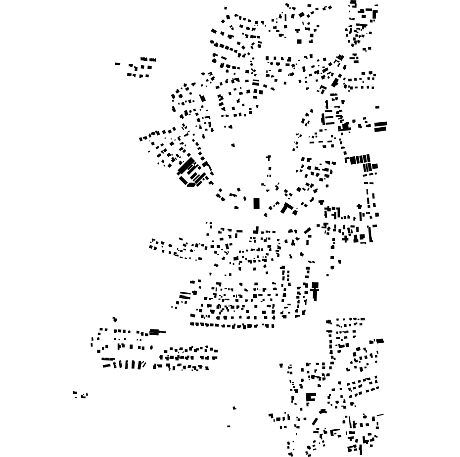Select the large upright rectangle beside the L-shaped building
tap(256, 203)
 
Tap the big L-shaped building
tap(286, 207)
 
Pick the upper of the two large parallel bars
tap(380, 124)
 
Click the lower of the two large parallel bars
tap(380, 129)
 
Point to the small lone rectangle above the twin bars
tap(377, 107)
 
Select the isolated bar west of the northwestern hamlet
tap(118, 64)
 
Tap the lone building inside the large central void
tap(233, 145)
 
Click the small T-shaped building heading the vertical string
tap(269, 158)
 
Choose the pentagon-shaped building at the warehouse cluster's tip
tap(190, 184)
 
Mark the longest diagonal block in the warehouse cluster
tap(186, 166)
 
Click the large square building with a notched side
tap(311, 397)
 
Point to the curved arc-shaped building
tap(322, 411)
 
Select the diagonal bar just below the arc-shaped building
tap(315, 421)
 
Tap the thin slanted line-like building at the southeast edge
tap(380, 415)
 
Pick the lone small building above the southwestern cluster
tap(115, 320)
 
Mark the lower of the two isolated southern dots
tap(229, 426)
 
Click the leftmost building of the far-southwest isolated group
tap(75, 393)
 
